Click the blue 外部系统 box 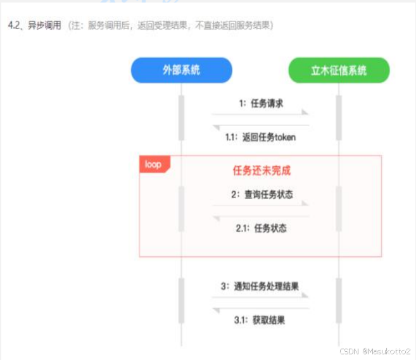click(x=181, y=70)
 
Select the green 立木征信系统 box click(x=338, y=70)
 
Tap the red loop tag click(x=153, y=164)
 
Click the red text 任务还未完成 click(x=262, y=171)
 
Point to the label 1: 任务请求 click(x=261, y=103)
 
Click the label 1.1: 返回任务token click(x=260, y=137)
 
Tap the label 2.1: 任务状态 click(x=261, y=228)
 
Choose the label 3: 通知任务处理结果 click(x=260, y=286)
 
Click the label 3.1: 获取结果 click(x=260, y=320)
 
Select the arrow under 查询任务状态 click(x=260, y=204)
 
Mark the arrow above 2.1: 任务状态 click(x=260, y=216)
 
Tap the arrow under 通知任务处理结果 click(x=260, y=296)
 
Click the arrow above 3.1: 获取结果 click(x=260, y=308)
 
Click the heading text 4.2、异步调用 click(x=35, y=25)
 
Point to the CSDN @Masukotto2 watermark click(x=375, y=351)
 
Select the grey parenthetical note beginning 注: click(x=170, y=25)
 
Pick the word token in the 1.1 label click(x=284, y=137)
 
